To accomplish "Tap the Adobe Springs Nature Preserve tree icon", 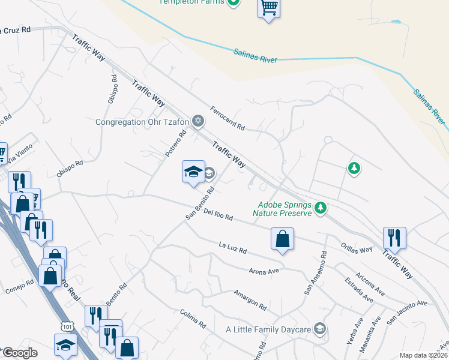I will click(321, 208).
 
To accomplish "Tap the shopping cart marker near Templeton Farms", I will click(269, 9).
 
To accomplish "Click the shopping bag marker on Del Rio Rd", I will click(282, 239).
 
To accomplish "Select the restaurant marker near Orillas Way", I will click(394, 238).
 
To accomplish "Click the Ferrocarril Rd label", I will click(228, 118).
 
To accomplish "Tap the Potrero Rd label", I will click(173, 145).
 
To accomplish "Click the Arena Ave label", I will click(264, 271).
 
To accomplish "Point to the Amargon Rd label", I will click(250, 299).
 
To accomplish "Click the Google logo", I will click(19, 353).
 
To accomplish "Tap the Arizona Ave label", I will click(370, 280).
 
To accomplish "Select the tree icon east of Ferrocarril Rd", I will click(354, 169).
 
